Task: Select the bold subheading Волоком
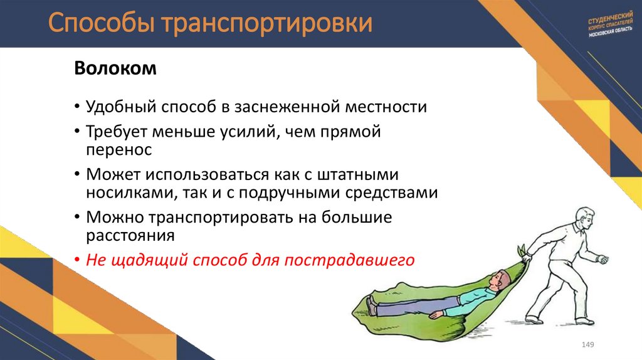point(115,68)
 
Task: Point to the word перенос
point(118,151)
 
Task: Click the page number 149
point(588,345)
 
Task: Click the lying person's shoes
point(372,305)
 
